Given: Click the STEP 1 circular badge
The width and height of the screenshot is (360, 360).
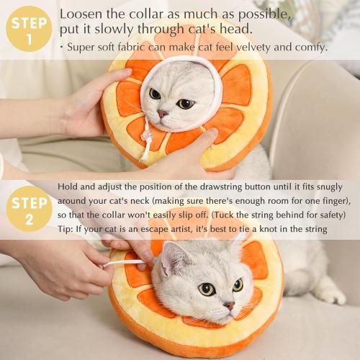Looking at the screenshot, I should [29, 29].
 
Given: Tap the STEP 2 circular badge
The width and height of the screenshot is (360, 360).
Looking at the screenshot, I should [29, 209].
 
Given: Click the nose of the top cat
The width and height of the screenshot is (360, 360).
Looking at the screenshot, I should [163, 113].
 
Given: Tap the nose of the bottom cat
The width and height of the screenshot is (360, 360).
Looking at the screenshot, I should [228, 305].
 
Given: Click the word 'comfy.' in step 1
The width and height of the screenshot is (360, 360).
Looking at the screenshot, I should [309, 48].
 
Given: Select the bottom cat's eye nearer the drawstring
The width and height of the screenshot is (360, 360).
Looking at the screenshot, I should [207, 289].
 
